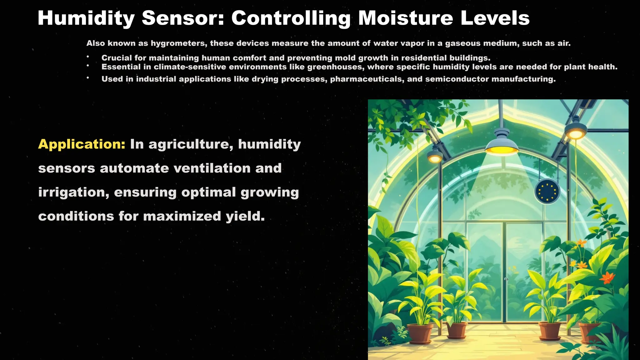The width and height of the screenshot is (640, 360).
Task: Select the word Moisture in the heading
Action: click(405, 18)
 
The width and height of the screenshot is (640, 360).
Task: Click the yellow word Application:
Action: click(82, 144)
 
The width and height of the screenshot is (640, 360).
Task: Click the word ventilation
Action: click(212, 168)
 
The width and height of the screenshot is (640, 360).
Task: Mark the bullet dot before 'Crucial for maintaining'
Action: click(88, 57)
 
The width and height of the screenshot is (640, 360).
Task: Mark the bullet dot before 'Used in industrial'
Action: click(88, 78)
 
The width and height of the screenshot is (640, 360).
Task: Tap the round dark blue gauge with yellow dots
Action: click(547, 191)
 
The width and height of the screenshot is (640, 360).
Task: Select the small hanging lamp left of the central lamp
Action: click(435, 156)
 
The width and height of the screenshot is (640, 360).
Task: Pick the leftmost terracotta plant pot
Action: click(420, 333)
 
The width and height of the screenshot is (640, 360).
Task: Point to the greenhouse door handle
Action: click(506, 279)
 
